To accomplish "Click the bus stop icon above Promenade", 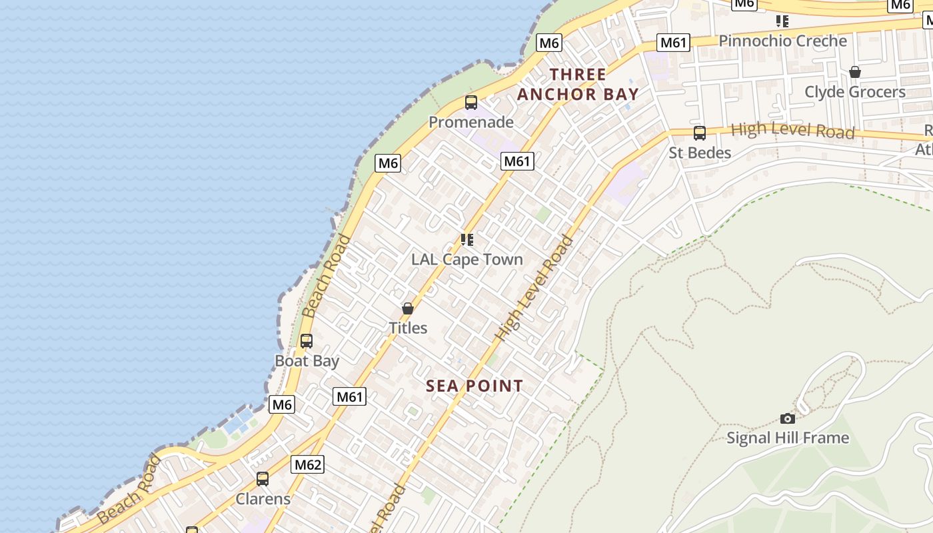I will click(471, 103).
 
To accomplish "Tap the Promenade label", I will click(471, 122).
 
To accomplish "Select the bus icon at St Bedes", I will click(700, 133).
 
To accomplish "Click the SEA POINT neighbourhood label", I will click(474, 386).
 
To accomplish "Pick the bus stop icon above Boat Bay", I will click(307, 341).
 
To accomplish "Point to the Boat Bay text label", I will click(307, 361).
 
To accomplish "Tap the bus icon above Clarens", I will click(263, 479).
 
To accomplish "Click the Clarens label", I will click(263, 499).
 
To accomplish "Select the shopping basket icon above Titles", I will click(408, 308).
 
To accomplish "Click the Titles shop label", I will click(408, 328).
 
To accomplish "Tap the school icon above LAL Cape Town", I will click(467, 240).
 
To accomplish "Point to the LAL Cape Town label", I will click(467, 259).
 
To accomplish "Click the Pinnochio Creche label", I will click(782, 41).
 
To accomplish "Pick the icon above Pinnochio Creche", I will click(783, 21).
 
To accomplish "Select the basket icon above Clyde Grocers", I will click(855, 72).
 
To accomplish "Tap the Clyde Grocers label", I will click(855, 91).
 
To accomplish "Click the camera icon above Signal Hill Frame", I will click(788, 418).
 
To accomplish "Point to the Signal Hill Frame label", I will click(788, 438).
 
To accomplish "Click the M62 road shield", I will click(308, 464).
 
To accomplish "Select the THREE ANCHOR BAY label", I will click(578, 84).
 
